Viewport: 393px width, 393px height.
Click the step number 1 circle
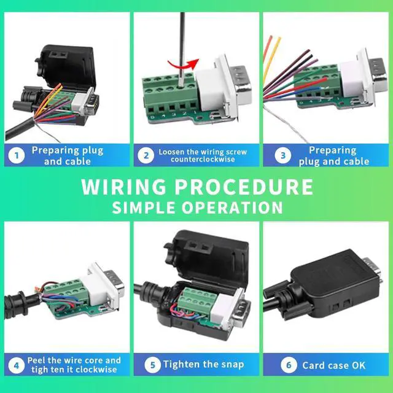pyautogui.click(x=17, y=156)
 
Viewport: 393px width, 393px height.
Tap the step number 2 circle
pyautogui.click(x=146, y=156)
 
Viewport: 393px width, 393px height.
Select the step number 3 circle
pyautogui.click(x=282, y=156)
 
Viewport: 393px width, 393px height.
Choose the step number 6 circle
pyautogui.click(x=289, y=365)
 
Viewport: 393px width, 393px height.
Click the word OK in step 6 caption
pyautogui.click(x=359, y=365)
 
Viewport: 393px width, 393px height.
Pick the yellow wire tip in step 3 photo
pyautogui.click(x=278, y=39)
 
